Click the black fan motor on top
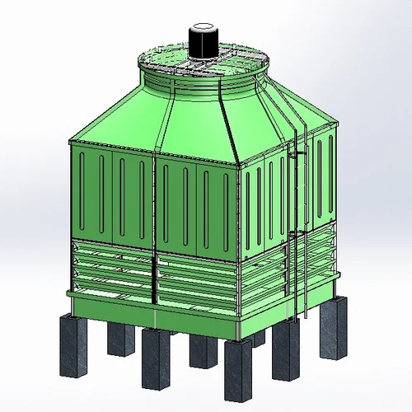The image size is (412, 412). pos(204,43)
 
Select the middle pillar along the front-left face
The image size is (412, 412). pos(154,356)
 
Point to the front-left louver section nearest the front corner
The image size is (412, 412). pos(198,284)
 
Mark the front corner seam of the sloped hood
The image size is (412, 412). pos(231,124)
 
